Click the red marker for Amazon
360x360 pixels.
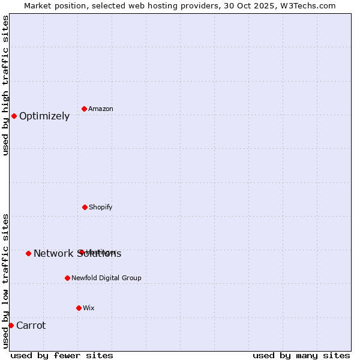[x=84, y=109]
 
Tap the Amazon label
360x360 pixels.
[x=101, y=109]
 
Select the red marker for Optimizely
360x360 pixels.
[x=14, y=116]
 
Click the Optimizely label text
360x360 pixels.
[x=44, y=116]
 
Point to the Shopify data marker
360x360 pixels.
[x=85, y=207]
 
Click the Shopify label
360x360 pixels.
[x=101, y=207]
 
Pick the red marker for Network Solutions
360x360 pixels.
[x=28, y=253]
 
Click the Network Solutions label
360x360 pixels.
[x=77, y=254]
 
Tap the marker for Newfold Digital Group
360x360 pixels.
[x=67, y=278]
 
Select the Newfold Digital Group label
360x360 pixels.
[x=107, y=278]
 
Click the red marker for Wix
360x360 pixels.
[x=79, y=308]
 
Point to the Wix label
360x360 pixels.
[x=89, y=308]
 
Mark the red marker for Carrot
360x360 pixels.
[x=11, y=325]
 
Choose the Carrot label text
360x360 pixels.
[x=31, y=326]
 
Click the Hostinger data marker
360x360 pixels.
[x=80, y=252]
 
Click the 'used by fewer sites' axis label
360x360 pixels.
[x=62, y=355]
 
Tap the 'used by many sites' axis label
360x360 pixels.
[x=301, y=355]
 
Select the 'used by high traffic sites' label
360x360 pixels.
[x=5, y=85]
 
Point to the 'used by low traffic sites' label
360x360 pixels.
[x=5, y=281]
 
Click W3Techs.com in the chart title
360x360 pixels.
[x=307, y=5]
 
